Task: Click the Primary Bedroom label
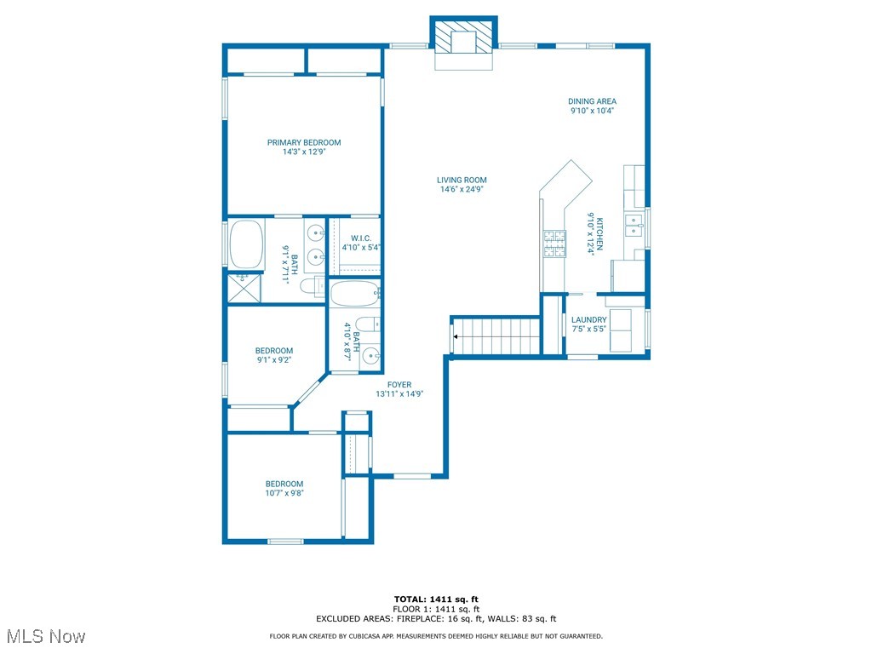[304, 142]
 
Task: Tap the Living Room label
[462, 181]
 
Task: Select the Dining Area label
[593, 101]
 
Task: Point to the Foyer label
[399, 385]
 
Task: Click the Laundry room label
[589, 320]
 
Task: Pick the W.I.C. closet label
[361, 238]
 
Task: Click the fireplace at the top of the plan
[464, 37]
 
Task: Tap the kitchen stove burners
[554, 244]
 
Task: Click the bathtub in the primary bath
[246, 244]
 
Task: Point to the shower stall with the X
[244, 288]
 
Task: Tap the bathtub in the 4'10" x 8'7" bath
[355, 294]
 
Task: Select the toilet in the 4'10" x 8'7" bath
[367, 324]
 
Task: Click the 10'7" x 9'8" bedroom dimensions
[284, 493]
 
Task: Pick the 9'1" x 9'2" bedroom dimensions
[273, 360]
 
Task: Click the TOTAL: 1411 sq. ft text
[436, 599]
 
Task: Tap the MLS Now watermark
[46, 636]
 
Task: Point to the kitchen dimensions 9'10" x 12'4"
[591, 233]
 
